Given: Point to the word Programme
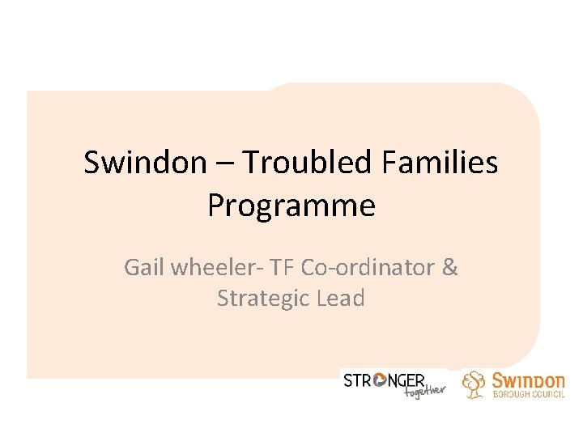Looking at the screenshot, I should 291,206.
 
